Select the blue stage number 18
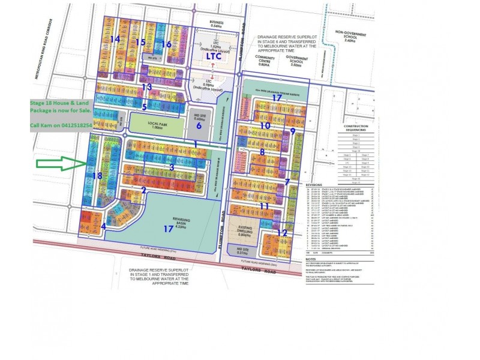coord(98,175)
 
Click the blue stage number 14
coord(115,39)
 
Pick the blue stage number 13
coord(147,86)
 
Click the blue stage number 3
coord(172,167)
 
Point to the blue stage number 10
coord(266,125)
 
